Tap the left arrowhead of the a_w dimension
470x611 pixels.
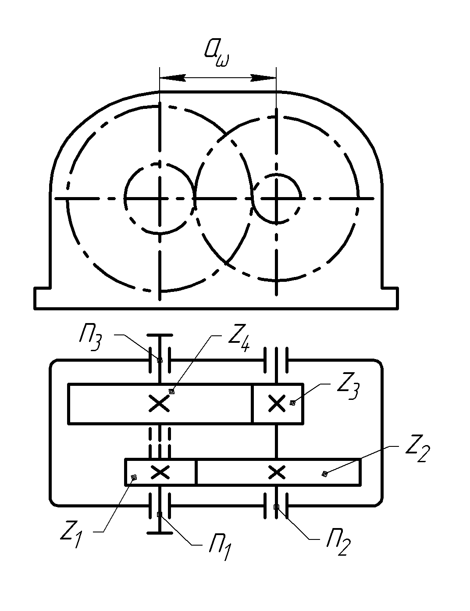(171, 78)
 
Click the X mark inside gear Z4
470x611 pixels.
(159, 403)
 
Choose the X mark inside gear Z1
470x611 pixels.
(160, 472)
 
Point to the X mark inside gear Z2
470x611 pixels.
(277, 472)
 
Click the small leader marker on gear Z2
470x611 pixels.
(324, 473)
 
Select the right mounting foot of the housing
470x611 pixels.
(390, 298)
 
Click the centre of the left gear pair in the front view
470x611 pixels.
(160, 198)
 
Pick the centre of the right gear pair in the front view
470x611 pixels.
(276, 198)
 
